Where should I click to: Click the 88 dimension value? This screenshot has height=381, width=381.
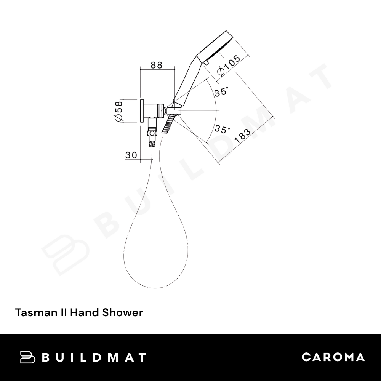tap(156, 65)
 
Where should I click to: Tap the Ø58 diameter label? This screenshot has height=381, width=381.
tap(118, 111)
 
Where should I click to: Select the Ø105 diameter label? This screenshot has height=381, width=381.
tap(228, 66)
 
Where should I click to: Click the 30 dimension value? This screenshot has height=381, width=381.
tap(131, 155)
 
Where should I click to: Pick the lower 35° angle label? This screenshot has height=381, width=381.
tap(222, 129)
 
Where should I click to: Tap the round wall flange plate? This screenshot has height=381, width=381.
tap(142, 111)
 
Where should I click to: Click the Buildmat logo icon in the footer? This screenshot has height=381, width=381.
tap(27, 357)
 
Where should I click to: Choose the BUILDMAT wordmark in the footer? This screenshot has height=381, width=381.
tap(93, 357)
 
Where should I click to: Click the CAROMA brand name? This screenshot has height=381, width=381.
tap(333, 357)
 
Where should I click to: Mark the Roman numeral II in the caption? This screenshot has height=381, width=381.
tap(62, 313)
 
